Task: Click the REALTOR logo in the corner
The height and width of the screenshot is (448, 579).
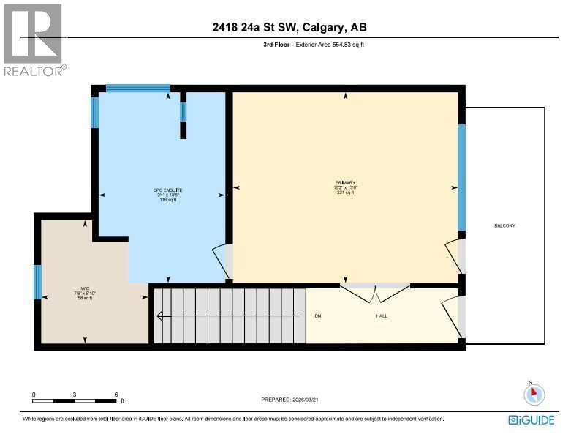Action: pyautogui.click(x=34, y=39)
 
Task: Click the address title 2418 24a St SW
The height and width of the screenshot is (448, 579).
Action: pyautogui.click(x=289, y=28)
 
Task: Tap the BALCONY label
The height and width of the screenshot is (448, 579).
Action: pyautogui.click(x=504, y=225)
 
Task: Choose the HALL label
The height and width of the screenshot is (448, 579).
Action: pyautogui.click(x=382, y=316)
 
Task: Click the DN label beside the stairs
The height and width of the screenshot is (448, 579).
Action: pyautogui.click(x=318, y=316)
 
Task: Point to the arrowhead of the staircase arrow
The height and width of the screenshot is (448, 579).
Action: pyautogui.click(x=157, y=316)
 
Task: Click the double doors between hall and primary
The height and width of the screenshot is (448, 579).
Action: pyautogui.click(x=375, y=294)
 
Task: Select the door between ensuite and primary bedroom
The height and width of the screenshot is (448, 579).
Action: pyautogui.click(x=223, y=260)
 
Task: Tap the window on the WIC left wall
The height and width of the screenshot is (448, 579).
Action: pyautogui.click(x=38, y=282)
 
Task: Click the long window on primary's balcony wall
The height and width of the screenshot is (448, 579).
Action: pyautogui.click(x=461, y=177)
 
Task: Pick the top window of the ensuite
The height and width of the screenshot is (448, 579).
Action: pyautogui.click(x=137, y=89)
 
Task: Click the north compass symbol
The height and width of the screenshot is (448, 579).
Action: pyautogui.click(x=534, y=395)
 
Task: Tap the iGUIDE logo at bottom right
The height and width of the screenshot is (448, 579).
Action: pyautogui.click(x=531, y=420)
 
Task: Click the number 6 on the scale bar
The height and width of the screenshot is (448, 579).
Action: pyautogui.click(x=116, y=395)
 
